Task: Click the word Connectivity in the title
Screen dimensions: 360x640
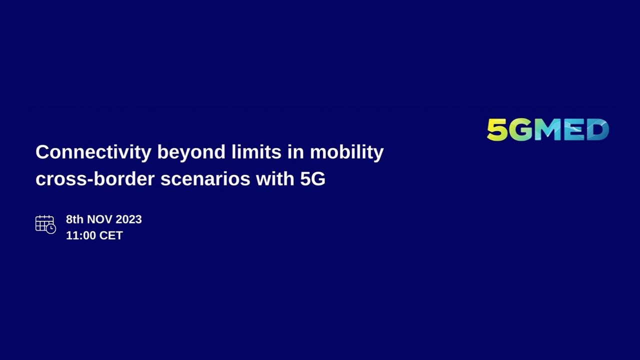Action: click(x=93, y=152)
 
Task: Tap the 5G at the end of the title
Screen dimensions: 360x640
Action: click(x=312, y=179)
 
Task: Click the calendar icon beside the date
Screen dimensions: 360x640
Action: click(x=45, y=224)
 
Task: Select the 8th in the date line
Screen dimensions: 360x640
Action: click(x=75, y=219)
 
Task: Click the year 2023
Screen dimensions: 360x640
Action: click(x=128, y=219)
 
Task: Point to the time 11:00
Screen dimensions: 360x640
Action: click(x=80, y=235)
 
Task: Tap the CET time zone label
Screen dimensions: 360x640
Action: click(x=111, y=235)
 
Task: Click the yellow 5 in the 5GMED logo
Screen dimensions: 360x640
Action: click(x=497, y=130)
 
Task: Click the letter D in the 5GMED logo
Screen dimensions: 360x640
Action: click(x=595, y=130)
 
